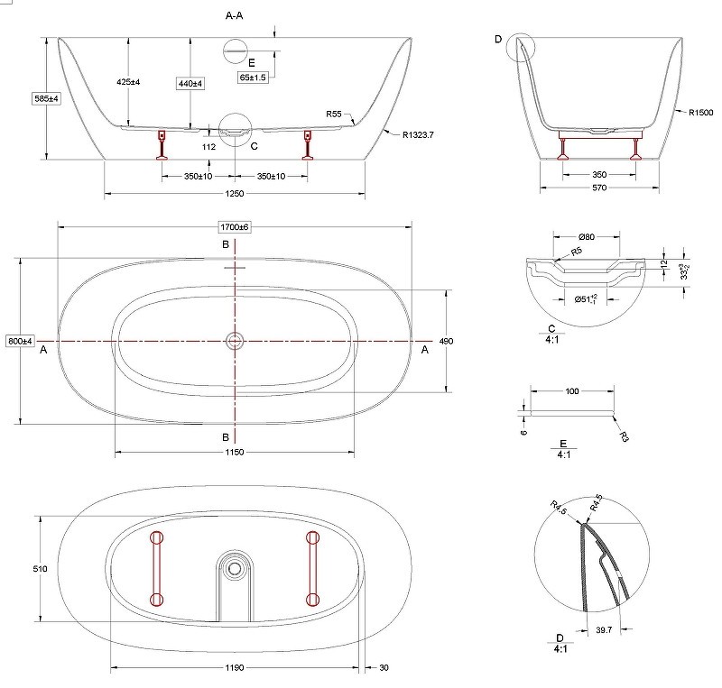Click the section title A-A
(234, 15)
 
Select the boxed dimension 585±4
(47, 98)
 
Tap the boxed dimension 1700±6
(235, 227)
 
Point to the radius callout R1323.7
(418, 135)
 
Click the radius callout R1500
(701, 113)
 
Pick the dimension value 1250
(235, 194)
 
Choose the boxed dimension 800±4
(20, 341)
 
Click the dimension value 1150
(235, 452)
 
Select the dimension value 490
(446, 341)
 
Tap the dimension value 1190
(235, 667)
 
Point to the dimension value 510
(40, 569)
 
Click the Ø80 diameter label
(587, 237)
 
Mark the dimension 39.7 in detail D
(604, 629)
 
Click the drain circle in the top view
(235, 341)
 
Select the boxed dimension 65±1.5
(253, 78)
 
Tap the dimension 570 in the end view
(599, 188)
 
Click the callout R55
(334, 114)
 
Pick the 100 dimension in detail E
(572, 391)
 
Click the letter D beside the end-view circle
(498, 39)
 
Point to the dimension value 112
(208, 147)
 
